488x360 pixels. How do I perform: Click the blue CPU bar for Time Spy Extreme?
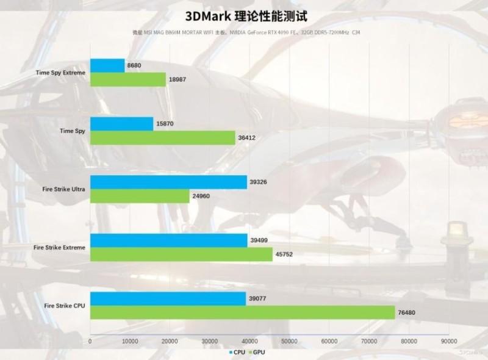click(x=107, y=65)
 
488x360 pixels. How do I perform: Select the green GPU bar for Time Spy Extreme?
click(x=128, y=79)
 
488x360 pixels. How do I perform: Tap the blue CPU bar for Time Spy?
click(x=121, y=124)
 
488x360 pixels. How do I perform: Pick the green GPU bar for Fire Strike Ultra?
click(x=140, y=196)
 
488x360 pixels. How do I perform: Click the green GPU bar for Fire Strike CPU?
click(x=243, y=312)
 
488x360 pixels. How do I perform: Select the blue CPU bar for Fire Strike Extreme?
click(x=168, y=240)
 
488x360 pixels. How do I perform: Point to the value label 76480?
click(x=409, y=313)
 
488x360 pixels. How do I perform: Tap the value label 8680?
click(x=136, y=65)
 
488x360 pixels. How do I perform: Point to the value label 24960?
click(x=203, y=196)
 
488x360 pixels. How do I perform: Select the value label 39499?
click(x=259, y=240)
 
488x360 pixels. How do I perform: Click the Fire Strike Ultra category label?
click(x=60, y=189)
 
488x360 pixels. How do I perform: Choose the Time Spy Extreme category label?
click(x=60, y=73)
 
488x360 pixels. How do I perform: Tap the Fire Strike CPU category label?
click(x=65, y=306)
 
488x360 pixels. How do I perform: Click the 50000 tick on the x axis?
click(x=289, y=341)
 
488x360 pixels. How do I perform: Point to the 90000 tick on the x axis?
click(x=449, y=341)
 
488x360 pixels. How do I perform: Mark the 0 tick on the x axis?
click(x=90, y=341)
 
